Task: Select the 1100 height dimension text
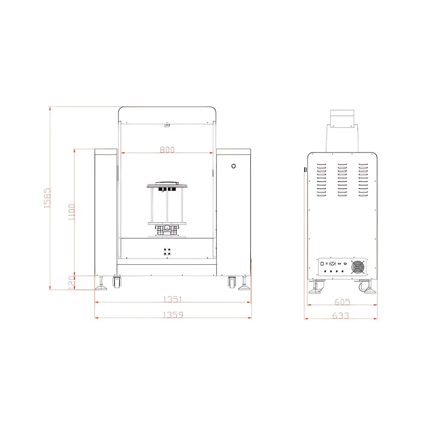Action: click(71, 212)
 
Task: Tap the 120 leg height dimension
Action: click(72, 282)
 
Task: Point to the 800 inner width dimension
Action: click(167, 149)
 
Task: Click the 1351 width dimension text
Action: click(173, 299)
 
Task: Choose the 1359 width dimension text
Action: click(173, 315)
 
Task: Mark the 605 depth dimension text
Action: click(342, 302)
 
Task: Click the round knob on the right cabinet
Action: click(234, 166)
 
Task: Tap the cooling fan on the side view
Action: click(358, 267)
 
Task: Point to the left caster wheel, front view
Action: click(116, 281)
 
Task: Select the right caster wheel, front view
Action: click(232, 281)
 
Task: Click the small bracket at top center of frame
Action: click(167, 126)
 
